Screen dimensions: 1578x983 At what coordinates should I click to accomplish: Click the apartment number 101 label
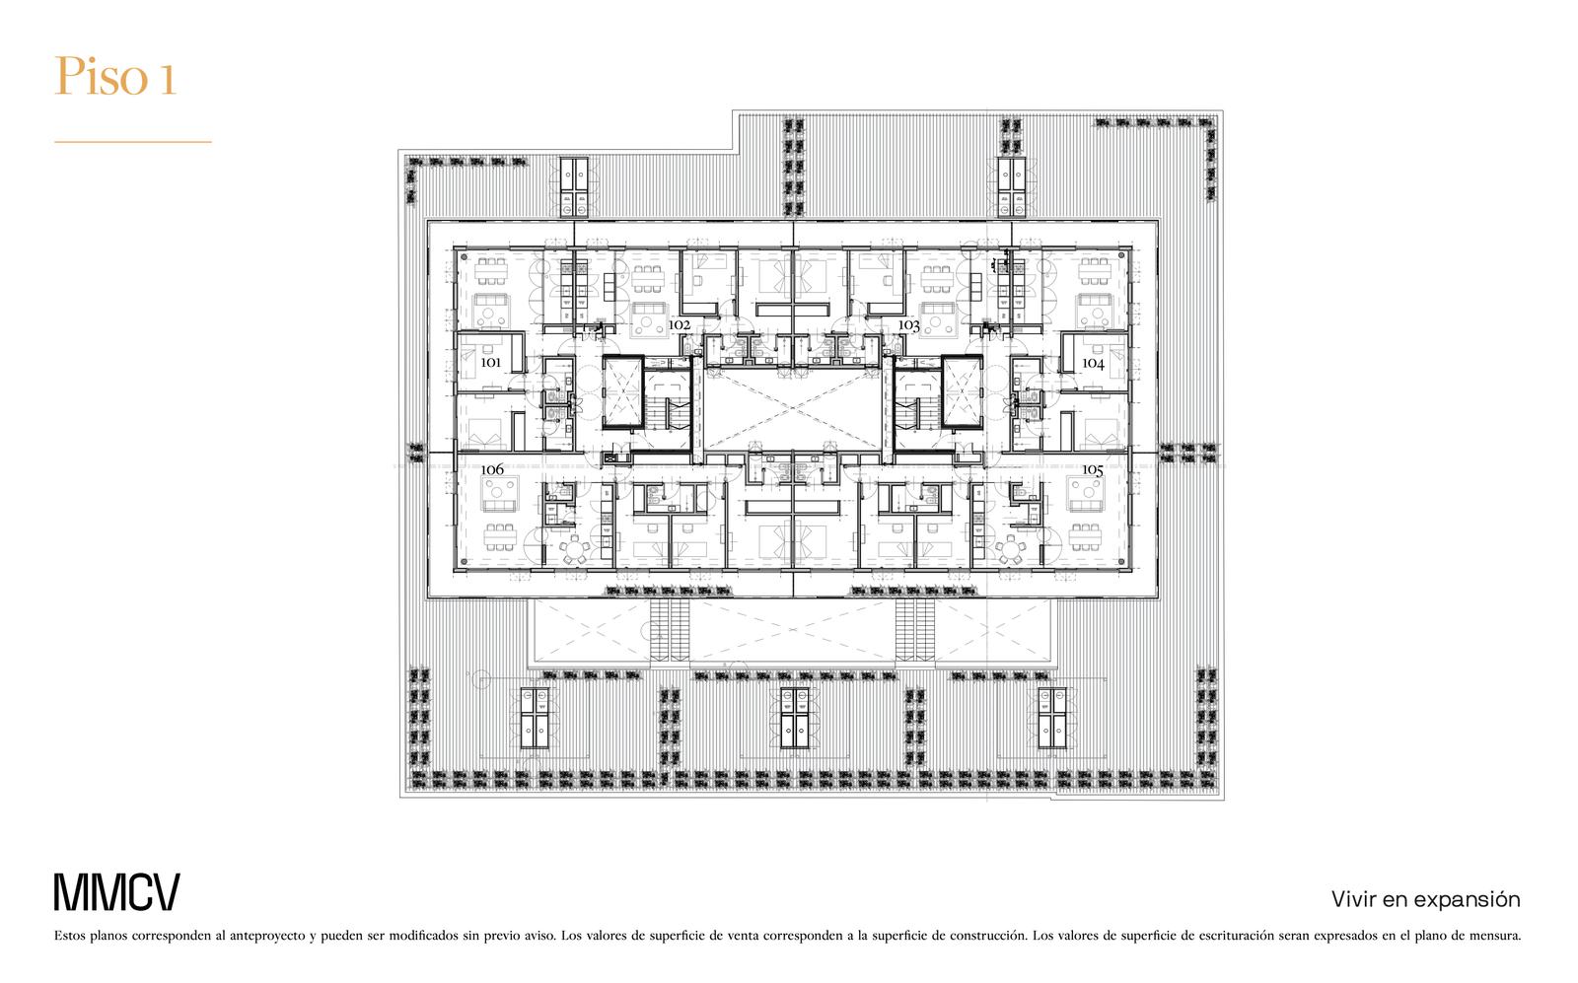pyautogui.click(x=490, y=363)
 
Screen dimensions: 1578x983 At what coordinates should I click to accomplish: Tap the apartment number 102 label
pyautogui.click(x=680, y=325)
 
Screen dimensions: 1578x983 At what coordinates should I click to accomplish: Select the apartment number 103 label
pyautogui.click(x=908, y=325)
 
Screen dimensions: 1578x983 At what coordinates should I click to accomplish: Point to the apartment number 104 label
pyautogui.click(x=1094, y=364)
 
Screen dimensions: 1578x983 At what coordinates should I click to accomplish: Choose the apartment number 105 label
pyautogui.click(x=1093, y=469)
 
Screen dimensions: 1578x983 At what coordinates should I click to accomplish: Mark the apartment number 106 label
pyautogui.click(x=492, y=469)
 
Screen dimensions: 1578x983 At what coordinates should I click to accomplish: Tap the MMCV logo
pyautogui.click(x=117, y=892)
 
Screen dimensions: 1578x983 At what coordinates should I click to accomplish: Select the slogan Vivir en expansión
pyautogui.click(x=1426, y=900)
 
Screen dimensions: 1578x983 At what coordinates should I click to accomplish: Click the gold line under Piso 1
pyautogui.click(x=133, y=142)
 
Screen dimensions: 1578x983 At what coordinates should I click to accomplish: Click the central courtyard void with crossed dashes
pyautogui.click(x=793, y=410)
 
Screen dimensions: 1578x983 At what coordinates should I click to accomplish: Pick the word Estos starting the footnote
pyautogui.click(x=70, y=937)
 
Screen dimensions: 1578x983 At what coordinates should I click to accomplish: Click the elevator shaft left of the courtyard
pyautogui.click(x=622, y=392)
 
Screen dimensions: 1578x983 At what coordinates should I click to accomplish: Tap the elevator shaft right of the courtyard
pyautogui.click(x=963, y=392)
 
